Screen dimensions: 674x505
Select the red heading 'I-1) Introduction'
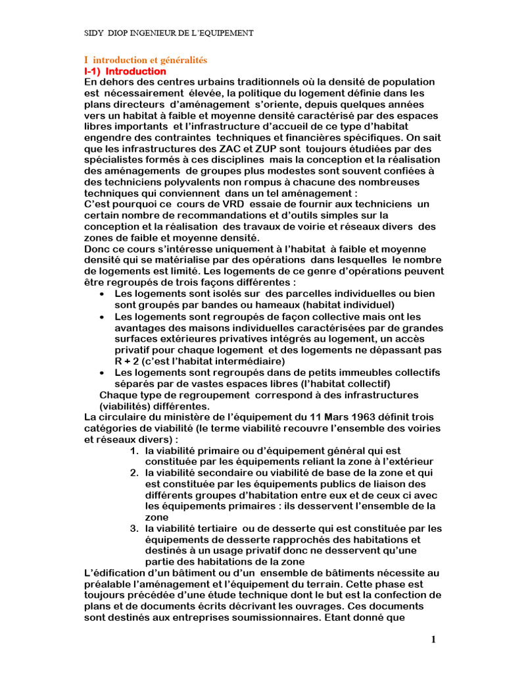click(x=126, y=71)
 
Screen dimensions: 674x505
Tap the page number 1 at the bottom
click(x=434, y=640)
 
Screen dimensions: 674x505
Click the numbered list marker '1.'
click(x=133, y=451)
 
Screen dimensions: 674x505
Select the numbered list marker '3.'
click(x=133, y=529)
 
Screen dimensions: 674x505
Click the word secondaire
click(x=215, y=473)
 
